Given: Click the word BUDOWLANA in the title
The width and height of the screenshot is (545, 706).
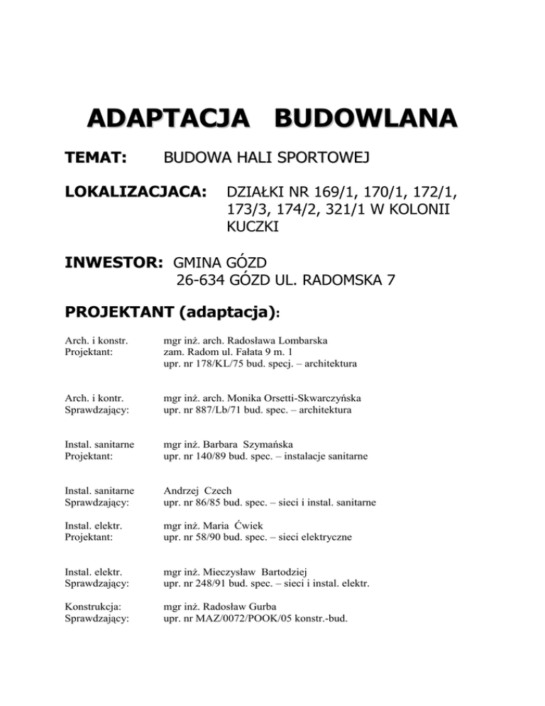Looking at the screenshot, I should pyautogui.click(x=367, y=117).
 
